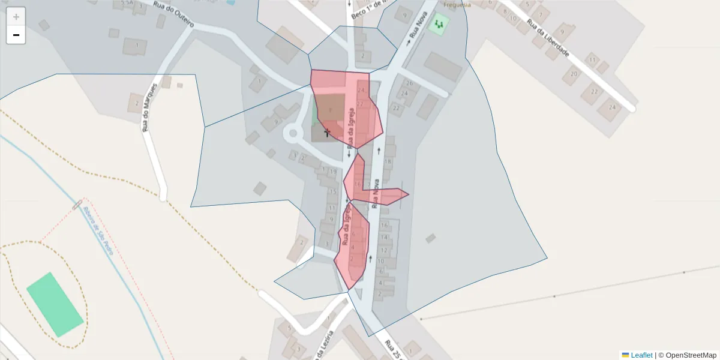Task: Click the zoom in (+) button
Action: tap(16, 17)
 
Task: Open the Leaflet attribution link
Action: tap(641, 355)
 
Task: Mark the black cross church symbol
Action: tap(327, 132)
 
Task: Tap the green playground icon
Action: tap(441, 24)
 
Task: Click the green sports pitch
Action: tap(55, 304)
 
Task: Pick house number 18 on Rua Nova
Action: tap(388, 161)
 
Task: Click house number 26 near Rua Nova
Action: tap(410, 83)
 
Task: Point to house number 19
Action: tap(332, 172)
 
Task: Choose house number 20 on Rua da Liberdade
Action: tap(574, 74)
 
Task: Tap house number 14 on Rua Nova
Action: tap(385, 237)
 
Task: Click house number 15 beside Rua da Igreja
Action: tap(332, 192)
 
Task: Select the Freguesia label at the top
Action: tap(457, 4)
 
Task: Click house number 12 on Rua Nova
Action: tap(383, 247)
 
